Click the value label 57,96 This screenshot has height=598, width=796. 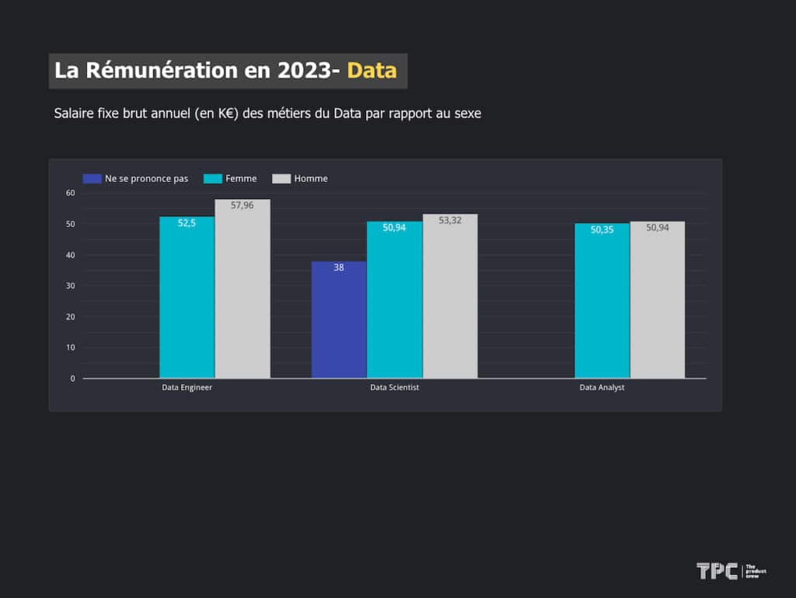coord(243,205)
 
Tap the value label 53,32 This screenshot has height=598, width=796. coord(450,220)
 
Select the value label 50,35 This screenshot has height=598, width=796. coord(602,229)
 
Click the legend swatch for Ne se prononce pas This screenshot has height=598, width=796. coord(92,179)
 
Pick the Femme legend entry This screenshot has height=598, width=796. coord(230,179)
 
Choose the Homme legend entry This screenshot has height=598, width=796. coord(300,179)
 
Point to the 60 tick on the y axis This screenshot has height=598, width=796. coord(70,193)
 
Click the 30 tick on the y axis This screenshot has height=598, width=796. coord(70,285)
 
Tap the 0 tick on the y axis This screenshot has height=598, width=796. coord(72,379)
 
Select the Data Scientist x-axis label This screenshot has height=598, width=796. coord(394,387)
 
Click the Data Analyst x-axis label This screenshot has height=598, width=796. coord(602,387)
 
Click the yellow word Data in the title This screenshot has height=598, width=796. coord(372,70)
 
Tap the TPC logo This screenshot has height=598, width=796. coord(717,571)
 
